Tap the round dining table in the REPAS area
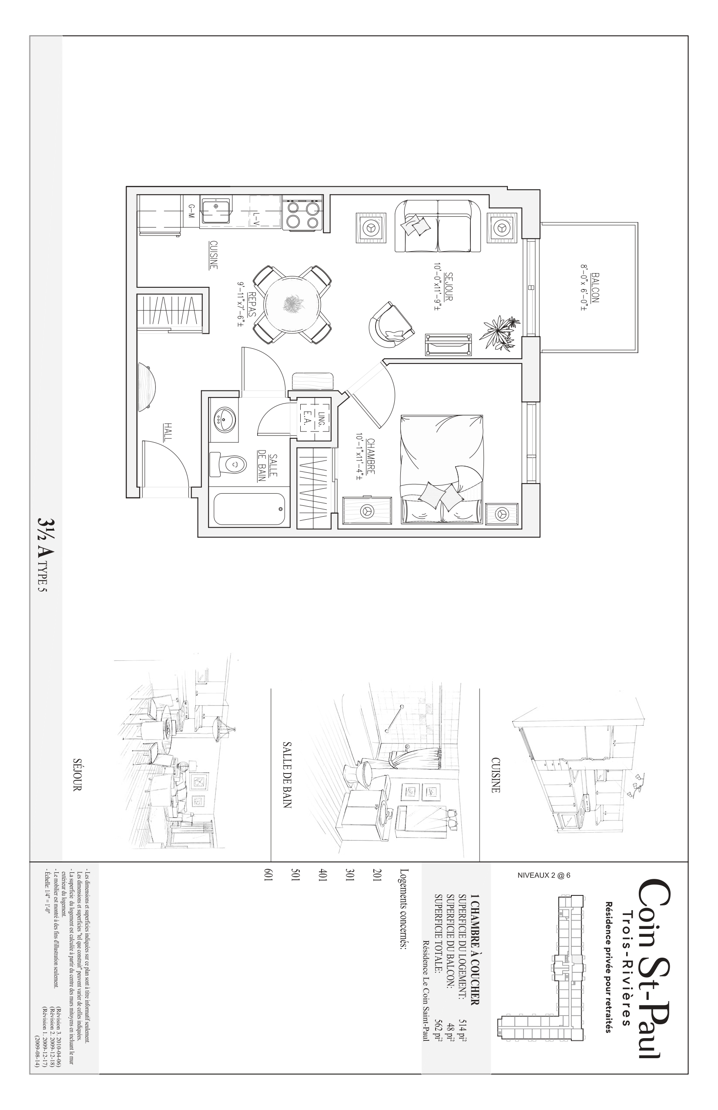pos(292,305)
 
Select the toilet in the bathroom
pos(229,464)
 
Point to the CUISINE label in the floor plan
pos(213,255)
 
